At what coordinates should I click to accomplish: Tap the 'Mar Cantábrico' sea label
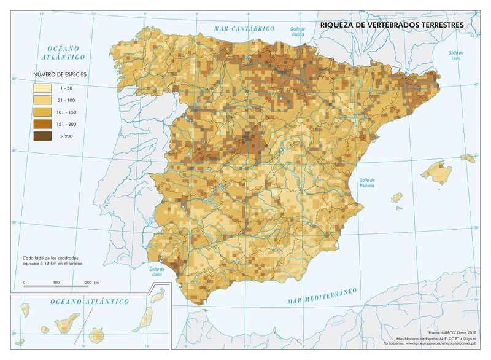click(x=244, y=29)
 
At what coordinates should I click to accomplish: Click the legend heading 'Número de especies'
click(x=60, y=74)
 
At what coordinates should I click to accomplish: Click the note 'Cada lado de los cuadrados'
click(x=50, y=257)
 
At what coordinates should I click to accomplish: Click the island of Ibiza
click(x=396, y=197)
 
